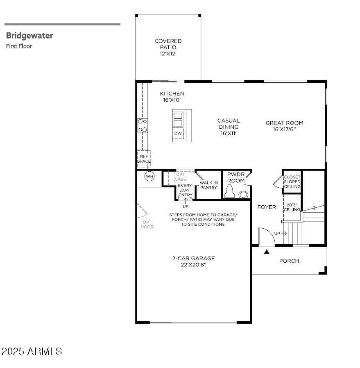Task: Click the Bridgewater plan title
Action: (x=29, y=36)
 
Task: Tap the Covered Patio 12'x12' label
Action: (x=168, y=47)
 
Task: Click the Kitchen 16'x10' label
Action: (x=172, y=97)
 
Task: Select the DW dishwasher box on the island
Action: (x=178, y=133)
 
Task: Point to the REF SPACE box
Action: (x=144, y=159)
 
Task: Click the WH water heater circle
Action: (x=149, y=177)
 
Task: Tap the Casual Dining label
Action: (x=229, y=127)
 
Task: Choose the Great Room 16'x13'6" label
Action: (x=284, y=126)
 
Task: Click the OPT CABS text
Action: (x=180, y=177)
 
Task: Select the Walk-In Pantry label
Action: (x=208, y=185)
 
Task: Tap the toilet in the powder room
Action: (x=230, y=191)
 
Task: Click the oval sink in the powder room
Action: (x=244, y=194)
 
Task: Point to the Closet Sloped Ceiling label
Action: (x=292, y=182)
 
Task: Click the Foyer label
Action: (x=267, y=207)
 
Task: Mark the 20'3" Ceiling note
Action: (x=292, y=207)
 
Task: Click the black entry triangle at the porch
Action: (x=267, y=252)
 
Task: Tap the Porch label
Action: (x=289, y=261)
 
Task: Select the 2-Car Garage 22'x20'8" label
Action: (x=193, y=261)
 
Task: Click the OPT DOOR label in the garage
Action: (x=147, y=225)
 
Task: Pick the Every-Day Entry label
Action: (x=185, y=191)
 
